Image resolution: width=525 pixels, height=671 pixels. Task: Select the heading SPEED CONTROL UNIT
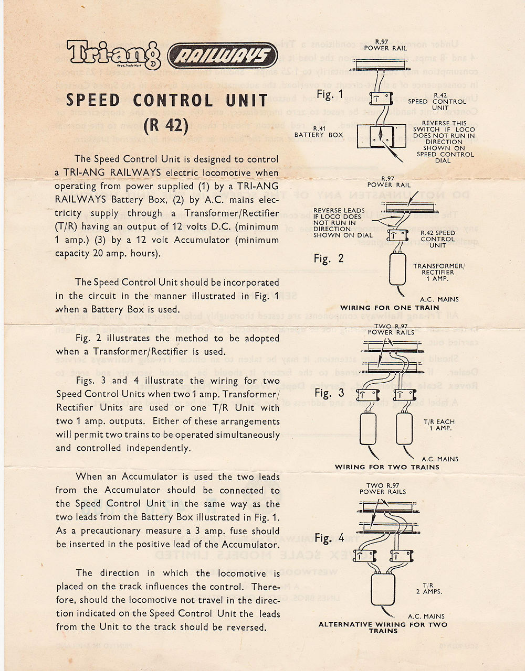coord(167,100)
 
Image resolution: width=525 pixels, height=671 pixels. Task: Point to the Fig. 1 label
coord(330,95)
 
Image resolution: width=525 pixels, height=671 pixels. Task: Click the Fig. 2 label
coord(329,258)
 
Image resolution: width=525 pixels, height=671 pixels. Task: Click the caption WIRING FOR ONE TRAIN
coord(390,308)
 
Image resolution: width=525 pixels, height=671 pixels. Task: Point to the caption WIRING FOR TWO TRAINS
coord(387,467)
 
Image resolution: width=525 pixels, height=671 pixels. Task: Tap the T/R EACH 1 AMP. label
coord(439,425)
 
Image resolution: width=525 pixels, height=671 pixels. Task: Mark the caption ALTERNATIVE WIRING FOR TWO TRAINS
coord(383,627)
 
